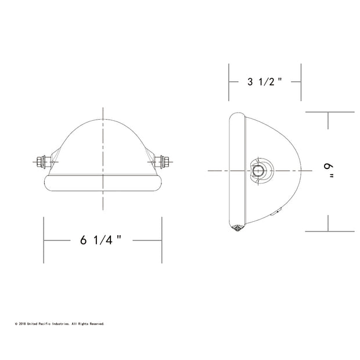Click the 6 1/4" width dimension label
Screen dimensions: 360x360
(x=100, y=240)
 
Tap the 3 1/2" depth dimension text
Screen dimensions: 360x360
(x=264, y=82)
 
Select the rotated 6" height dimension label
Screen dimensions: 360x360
(x=329, y=171)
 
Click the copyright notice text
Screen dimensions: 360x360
(x=60, y=324)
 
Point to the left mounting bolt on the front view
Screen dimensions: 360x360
(x=43, y=162)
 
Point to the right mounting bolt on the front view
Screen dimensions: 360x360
(x=162, y=162)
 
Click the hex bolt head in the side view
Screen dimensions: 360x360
(x=258, y=171)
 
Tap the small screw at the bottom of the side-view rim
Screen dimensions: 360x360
(x=237, y=228)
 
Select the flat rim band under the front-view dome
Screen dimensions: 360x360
(x=103, y=183)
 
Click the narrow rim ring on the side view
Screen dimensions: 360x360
(x=237, y=171)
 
